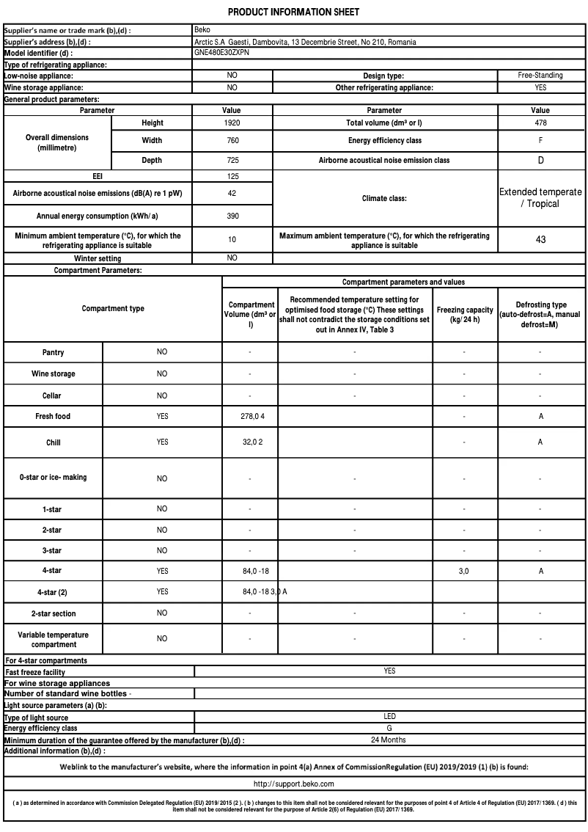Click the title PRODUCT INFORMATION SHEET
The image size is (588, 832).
coord(293,12)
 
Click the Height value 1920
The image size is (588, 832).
coord(232,123)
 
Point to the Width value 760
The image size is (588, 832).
coord(232,140)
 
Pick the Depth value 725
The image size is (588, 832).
coord(232,160)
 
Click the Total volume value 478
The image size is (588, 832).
coord(540,123)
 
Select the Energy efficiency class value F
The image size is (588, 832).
coord(540,140)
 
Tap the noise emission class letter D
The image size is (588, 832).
coord(540,160)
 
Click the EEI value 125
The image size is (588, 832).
coord(232,176)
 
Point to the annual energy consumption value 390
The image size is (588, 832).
coord(232,216)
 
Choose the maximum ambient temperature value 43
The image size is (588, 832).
coord(540,239)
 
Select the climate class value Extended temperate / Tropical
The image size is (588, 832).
coord(540,197)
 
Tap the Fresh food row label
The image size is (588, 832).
coord(53,416)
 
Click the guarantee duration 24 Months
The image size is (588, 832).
coord(389,740)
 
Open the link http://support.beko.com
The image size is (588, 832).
coord(293,784)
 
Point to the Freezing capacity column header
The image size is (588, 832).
coord(464,315)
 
